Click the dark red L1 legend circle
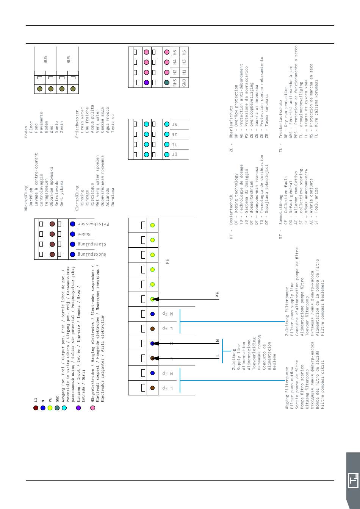(x=36, y=408)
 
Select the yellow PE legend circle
(x=50, y=408)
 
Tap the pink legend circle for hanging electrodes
(x=92, y=408)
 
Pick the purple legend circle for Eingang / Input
(x=78, y=408)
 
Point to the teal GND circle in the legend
(x=57, y=408)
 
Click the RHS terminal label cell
(x=175, y=82)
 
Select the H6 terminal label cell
(x=175, y=52)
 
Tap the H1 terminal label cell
(x=184, y=72)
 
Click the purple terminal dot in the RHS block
(x=146, y=82)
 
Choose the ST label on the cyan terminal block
(x=174, y=124)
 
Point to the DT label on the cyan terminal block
(x=174, y=155)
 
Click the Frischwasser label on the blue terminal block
(x=93, y=224)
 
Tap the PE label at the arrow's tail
(x=218, y=295)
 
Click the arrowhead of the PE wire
(x=155, y=299)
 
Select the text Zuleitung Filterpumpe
(x=287, y=311)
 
